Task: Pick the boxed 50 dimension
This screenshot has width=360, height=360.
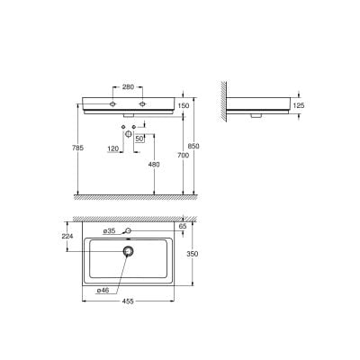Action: [x=139, y=139]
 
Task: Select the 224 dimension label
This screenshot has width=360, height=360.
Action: [x=66, y=238]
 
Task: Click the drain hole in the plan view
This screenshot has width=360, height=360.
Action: [x=128, y=252]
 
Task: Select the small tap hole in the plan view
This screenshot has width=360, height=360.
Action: [x=128, y=232]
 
